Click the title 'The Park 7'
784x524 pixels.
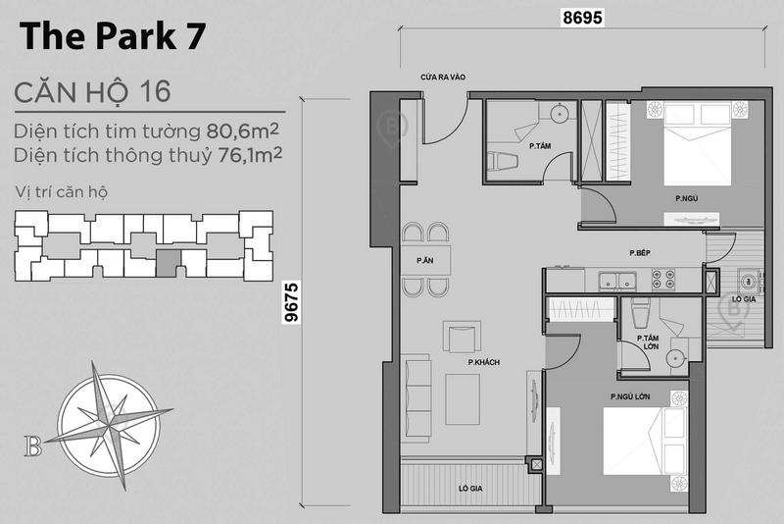click(113, 36)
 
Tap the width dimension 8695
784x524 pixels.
click(582, 18)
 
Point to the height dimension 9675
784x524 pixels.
click(291, 302)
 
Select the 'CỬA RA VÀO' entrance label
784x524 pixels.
click(443, 78)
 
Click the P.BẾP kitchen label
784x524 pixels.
click(640, 253)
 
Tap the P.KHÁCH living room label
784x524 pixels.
click(483, 362)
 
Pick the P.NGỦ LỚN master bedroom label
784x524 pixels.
click(630, 396)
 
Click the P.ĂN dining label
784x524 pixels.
click(425, 260)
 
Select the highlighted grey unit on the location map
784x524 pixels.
click(169, 264)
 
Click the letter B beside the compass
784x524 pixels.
click(33, 445)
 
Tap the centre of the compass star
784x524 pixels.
click(109, 425)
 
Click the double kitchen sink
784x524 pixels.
click(617, 281)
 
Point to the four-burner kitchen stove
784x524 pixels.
click(663, 280)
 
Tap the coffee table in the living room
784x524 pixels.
click(463, 399)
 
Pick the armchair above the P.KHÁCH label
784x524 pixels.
click(462, 337)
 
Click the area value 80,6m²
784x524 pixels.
click(242, 131)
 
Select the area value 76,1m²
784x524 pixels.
click(250, 155)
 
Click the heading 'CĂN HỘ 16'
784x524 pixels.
click(92, 92)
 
